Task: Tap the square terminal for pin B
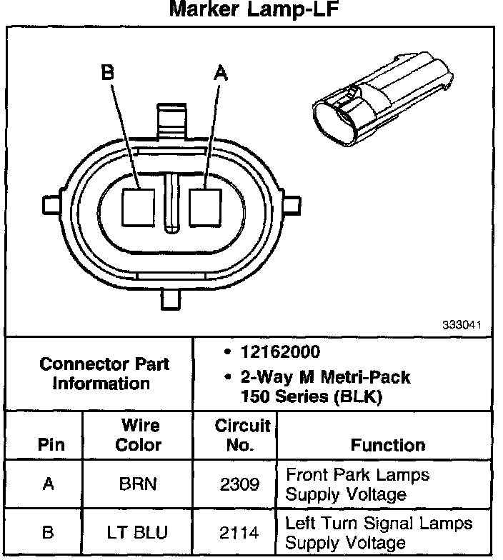[x=137, y=206]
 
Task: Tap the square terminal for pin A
[x=206, y=206]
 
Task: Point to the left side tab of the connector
[x=51, y=205]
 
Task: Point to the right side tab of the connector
[x=291, y=205]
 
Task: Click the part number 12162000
[x=276, y=353]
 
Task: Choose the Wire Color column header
[x=140, y=436]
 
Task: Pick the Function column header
[x=388, y=445]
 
